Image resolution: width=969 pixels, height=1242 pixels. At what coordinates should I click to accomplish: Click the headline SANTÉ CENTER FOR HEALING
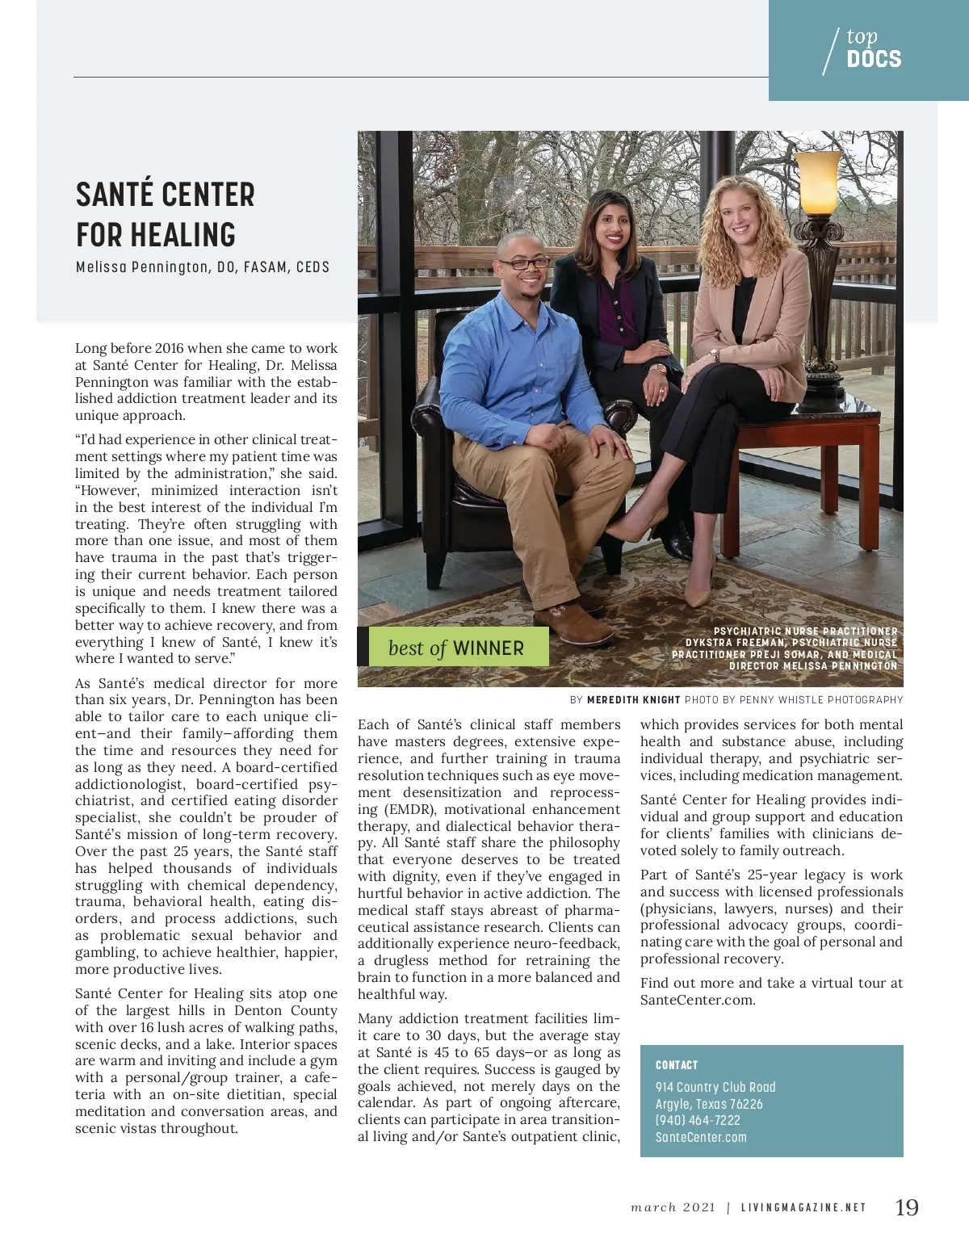[x=166, y=214]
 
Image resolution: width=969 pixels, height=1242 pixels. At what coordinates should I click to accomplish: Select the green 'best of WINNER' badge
[x=455, y=648]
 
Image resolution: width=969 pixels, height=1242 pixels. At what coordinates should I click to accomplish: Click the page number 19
[x=907, y=1207]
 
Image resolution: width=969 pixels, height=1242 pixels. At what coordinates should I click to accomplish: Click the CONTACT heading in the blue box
[x=677, y=1065]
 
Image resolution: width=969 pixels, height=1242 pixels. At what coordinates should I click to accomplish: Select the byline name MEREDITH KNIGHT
[x=634, y=699]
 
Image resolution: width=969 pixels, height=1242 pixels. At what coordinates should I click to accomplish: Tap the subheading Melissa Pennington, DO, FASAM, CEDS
[x=203, y=267]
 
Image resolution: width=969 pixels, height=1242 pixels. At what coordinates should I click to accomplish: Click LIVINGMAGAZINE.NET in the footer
[x=803, y=1208]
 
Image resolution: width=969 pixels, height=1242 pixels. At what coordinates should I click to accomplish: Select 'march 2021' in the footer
[x=673, y=1208]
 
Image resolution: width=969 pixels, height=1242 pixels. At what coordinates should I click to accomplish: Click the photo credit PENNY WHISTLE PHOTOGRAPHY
[x=821, y=699]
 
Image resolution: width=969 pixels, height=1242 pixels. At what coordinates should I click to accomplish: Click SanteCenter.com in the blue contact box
[x=701, y=1137]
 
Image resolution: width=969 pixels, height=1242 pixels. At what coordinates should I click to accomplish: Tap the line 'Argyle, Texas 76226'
[x=709, y=1104]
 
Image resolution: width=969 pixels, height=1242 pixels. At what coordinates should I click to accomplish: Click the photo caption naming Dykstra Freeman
[x=785, y=648]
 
